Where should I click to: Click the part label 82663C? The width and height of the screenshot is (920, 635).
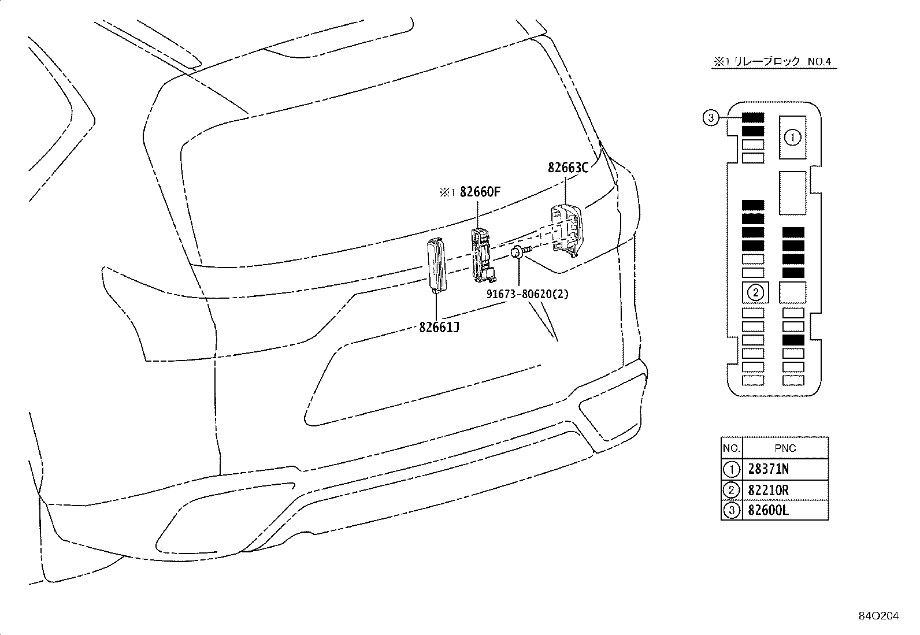pyautogui.click(x=568, y=168)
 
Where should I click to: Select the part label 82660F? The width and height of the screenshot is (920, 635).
pyautogui.click(x=480, y=192)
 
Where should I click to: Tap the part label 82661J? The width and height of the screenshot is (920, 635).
pyautogui.click(x=439, y=328)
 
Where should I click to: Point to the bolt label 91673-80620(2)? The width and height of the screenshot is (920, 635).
pyautogui.click(x=528, y=294)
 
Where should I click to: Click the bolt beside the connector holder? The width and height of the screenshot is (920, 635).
pyautogui.click(x=521, y=251)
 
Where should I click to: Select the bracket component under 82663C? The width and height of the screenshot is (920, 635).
pyautogui.click(x=566, y=231)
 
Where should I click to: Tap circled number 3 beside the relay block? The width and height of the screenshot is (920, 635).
pyautogui.click(x=711, y=118)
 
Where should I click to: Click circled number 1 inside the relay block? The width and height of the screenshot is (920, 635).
pyautogui.click(x=792, y=137)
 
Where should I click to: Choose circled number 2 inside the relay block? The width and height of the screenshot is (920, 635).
pyautogui.click(x=755, y=292)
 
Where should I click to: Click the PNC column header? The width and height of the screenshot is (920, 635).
pyautogui.click(x=785, y=448)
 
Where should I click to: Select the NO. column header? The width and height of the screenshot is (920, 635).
pyautogui.click(x=732, y=448)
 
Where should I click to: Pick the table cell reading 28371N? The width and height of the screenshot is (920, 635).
pyautogui.click(x=768, y=469)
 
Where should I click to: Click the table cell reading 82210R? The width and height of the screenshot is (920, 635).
pyautogui.click(x=768, y=490)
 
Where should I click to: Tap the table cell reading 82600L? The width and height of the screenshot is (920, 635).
pyautogui.click(x=768, y=510)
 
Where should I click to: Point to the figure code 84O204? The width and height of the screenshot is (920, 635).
pyautogui.click(x=878, y=616)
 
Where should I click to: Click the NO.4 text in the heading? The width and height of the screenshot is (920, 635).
pyautogui.click(x=819, y=62)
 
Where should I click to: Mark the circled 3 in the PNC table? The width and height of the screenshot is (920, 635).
pyautogui.click(x=732, y=511)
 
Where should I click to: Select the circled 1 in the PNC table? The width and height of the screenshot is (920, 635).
pyautogui.click(x=732, y=470)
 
